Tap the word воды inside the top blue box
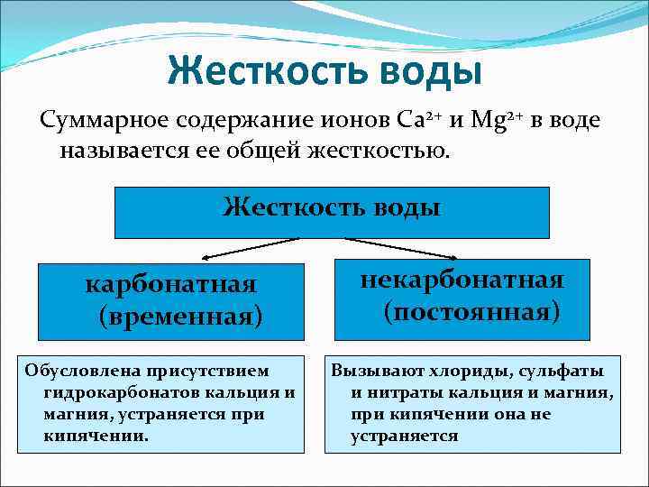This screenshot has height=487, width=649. (403, 207)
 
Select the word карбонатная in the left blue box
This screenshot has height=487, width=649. (170, 284)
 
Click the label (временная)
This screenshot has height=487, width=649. (181, 316)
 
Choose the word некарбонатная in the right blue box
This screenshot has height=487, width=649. (462, 280)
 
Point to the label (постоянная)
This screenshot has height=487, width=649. (471, 312)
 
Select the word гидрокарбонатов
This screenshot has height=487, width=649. (106, 392)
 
